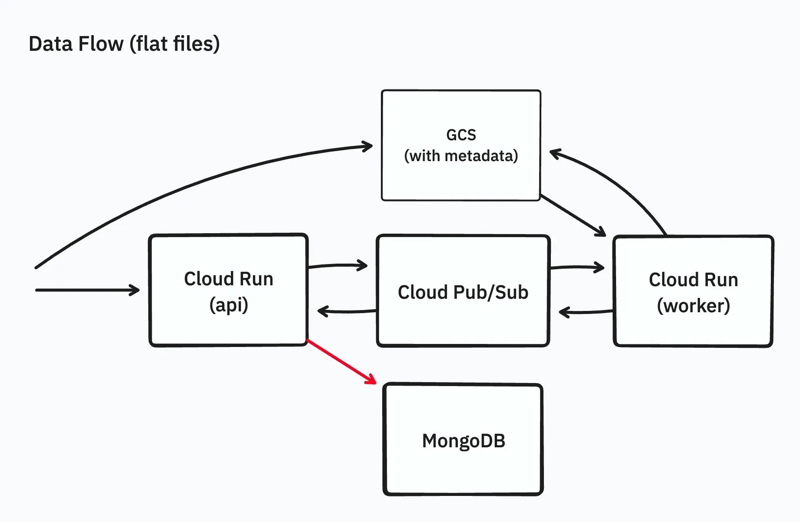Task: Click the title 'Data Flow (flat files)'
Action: pyautogui.click(x=124, y=44)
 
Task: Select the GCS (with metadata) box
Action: pyautogui.click(x=461, y=182)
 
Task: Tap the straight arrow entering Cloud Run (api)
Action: pyautogui.click(x=87, y=290)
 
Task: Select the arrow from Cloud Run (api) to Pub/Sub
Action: pyautogui.click(x=337, y=265)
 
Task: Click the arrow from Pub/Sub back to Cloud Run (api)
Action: pyautogui.click(x=346, y=311)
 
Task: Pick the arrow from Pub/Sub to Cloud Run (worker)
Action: pyautogui.click(x=576, y=268)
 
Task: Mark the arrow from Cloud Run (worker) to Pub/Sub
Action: pyautogui.click(x=585, y=312)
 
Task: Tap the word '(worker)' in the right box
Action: pyautogui.click(x=693, y=306)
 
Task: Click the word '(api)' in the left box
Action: pyautogui.click(x=229, y=305)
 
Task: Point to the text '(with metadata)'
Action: pyautogui.click(x=461, y=155)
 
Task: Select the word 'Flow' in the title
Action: pyautogui.click(x=104, y=44)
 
